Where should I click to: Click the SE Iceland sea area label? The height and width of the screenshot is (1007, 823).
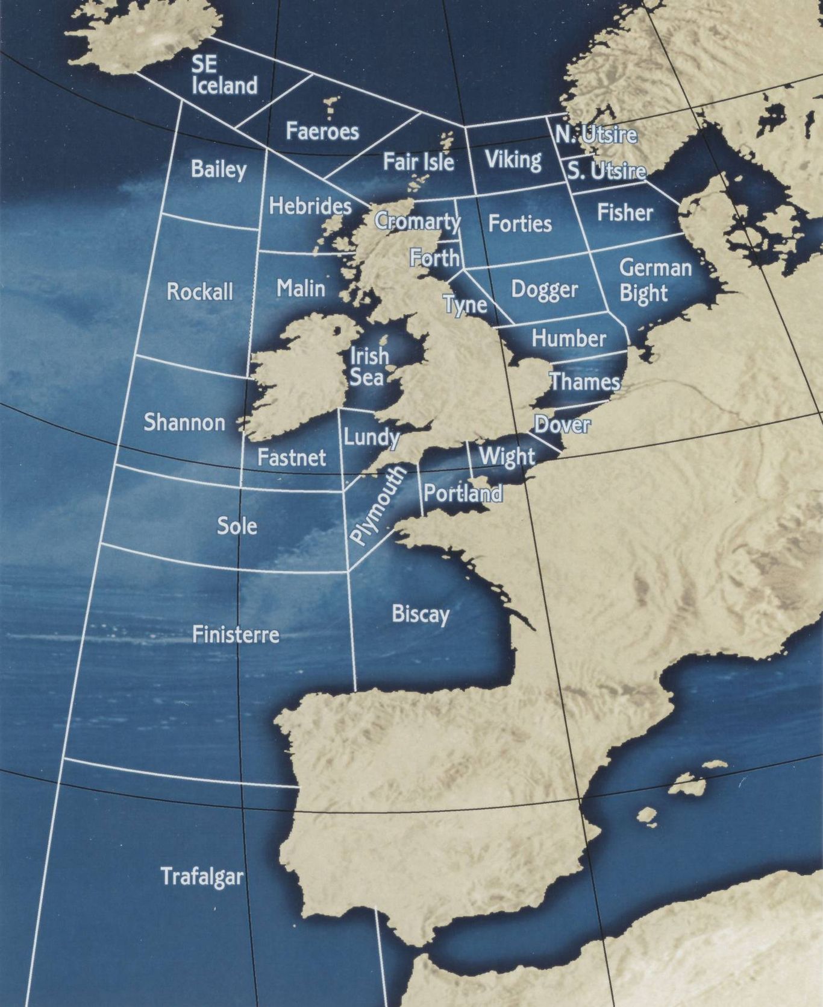pyautogui.click(x=224, y=75)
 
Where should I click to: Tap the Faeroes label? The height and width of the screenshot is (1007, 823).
pyautogui.click(x=322, y=131)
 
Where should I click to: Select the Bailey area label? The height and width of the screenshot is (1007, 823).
pyautogui.click(x=219, y=169)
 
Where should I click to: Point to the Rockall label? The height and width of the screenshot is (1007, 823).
pyautogui.click(x=199, y=292)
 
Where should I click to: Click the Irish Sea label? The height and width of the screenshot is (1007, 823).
pyautogui.click(x=368, y=366)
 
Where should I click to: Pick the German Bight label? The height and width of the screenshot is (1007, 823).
pyautogui.click(x=654, y=280)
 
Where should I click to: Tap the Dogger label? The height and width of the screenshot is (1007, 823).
pyautogui.click(x=544, y=289)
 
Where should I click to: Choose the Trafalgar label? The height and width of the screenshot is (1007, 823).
pyautogui.click(x=202, y=876)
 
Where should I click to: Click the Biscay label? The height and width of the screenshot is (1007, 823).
pyautogui.click(x=421, y=614)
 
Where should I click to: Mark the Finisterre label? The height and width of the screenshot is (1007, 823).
pyautogui.click(x=236, y=634)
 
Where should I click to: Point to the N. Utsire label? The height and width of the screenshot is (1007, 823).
pyautogui.click(x=595, y=134)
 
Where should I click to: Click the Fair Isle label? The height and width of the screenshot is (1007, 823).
pyautogui.click(x=418, y=161)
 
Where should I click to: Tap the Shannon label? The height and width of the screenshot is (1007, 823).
pyautogui.click(x=184, y=422)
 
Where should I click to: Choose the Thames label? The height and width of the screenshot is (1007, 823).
pyautogui.click(x=584, y=381)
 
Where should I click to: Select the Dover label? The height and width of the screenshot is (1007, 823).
pyautogui.click(x=562, y=425)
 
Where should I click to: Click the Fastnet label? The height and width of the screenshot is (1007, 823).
pyautogui.click(x=292, y=457)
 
